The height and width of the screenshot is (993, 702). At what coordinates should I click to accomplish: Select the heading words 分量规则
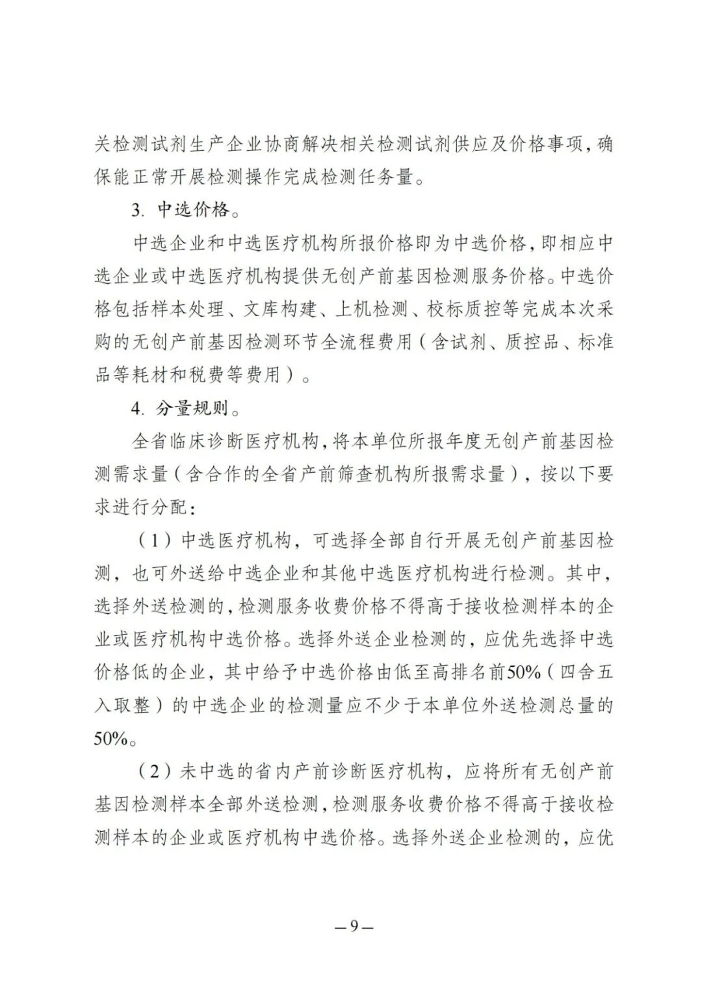(x=193, y=409)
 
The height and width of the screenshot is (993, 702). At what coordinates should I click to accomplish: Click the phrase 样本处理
(x=197, y=310)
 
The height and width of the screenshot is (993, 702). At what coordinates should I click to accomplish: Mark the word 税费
(x=207, y=375)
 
